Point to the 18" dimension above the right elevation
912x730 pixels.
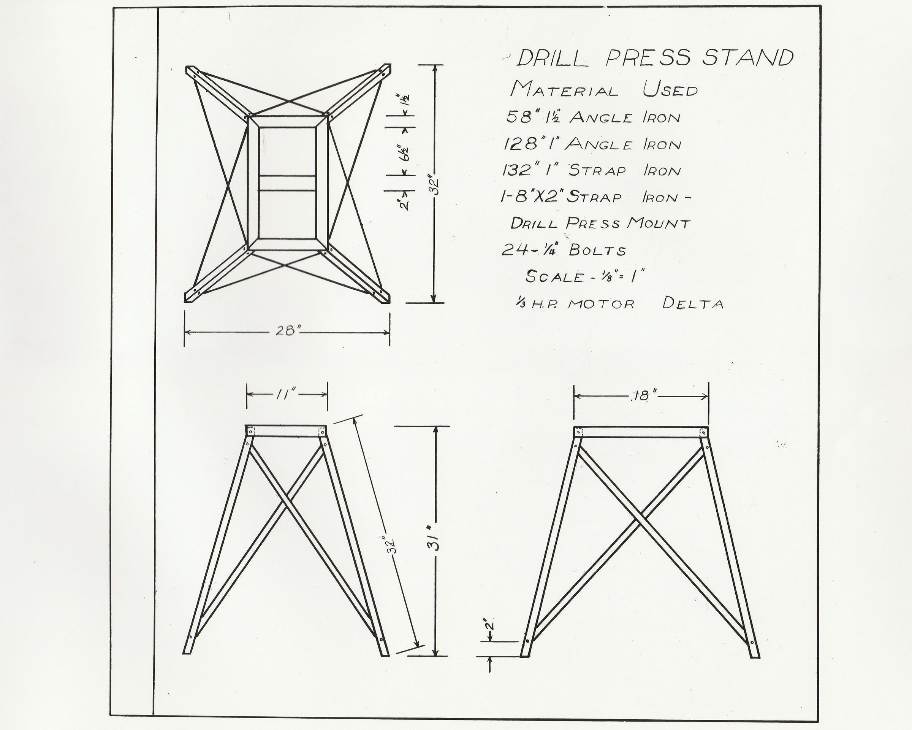643,396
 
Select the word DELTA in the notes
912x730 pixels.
693,303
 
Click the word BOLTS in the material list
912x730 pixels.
597,251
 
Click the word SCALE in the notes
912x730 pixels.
554,277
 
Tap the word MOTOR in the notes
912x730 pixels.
601,304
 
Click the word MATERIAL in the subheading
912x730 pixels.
564,90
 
